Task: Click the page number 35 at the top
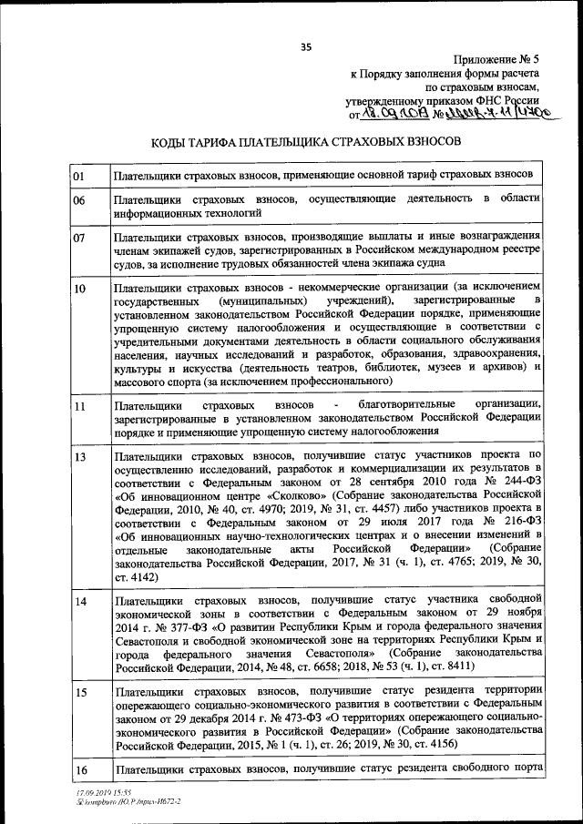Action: tap(306, 48)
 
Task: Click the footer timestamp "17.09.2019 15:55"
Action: tap(104, 794)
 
